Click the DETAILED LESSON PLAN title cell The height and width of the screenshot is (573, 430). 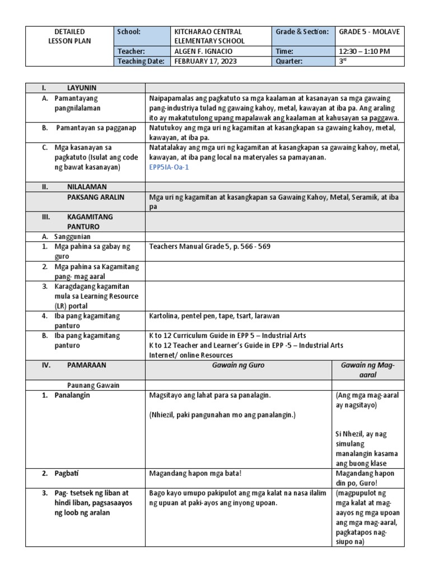pyautogui.click(x=70, y=36)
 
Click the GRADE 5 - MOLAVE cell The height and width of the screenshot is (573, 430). pyautogui.click(x=369, y=32)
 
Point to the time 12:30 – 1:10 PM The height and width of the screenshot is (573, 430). pyautogui.click(x=364, y=51)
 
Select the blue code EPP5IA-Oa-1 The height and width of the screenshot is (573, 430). pyautogui.click(x=170, y=167)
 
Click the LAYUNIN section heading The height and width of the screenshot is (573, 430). pyautogui.click(x=82, y=88)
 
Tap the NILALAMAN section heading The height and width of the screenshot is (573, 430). pyautogui.click(x=87, y=186)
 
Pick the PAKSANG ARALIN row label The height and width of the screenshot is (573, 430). pyautogui.click(x=95, y=197)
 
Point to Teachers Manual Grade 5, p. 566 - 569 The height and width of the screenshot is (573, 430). pyautogui.click(x=210, y=246)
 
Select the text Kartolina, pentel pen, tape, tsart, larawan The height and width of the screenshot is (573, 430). pyautogui.click(x=214, y=316)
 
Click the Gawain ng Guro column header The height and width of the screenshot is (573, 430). pyautogui.click(x=238, y=365)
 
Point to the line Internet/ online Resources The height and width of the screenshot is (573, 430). pyautogui.click(x=191, y=355)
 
